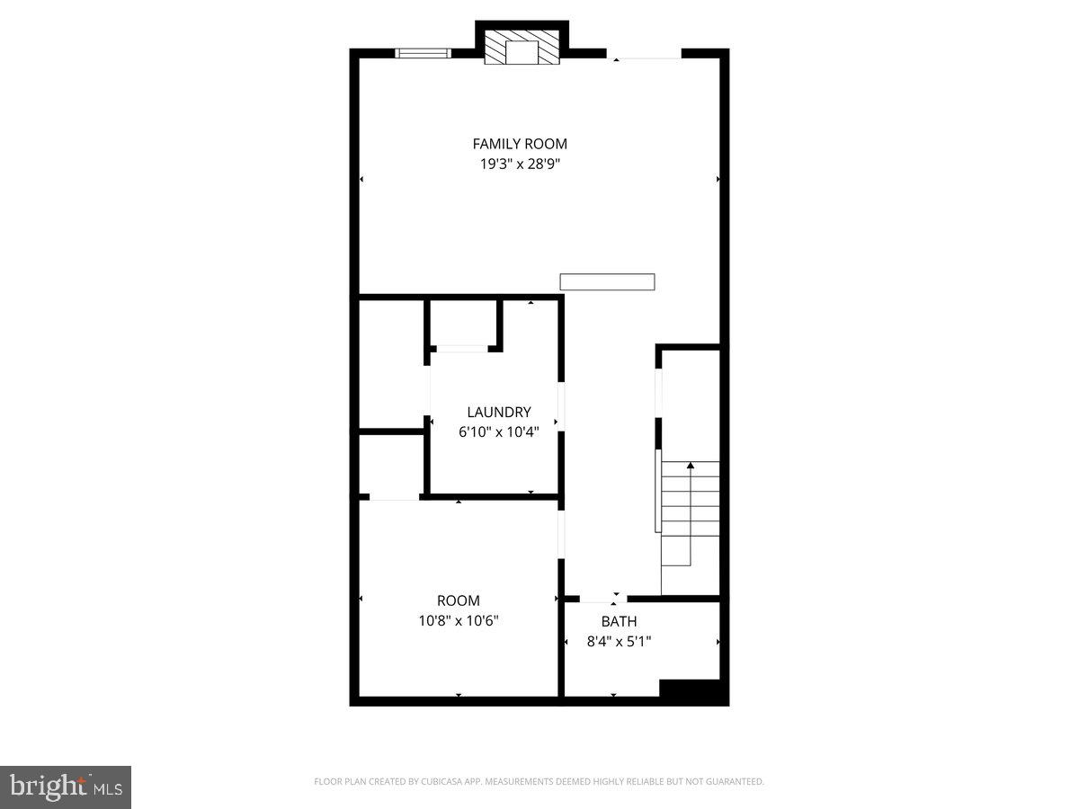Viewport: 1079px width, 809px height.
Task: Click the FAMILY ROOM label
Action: tap(520, 144)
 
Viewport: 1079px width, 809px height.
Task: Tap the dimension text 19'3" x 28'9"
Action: tap(520, 164)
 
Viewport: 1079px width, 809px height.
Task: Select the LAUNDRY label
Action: tap(498, 412)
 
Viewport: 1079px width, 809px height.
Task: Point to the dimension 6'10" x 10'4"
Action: tap(498, 431)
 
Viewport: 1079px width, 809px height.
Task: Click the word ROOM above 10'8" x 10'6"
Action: tap(459, 600)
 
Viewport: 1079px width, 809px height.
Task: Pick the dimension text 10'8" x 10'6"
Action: tap(459, 620)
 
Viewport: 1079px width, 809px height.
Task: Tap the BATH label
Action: tap(619, 621)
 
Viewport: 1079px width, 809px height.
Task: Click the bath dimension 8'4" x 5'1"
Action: tap(619, 641)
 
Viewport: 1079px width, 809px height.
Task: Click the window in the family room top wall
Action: tap(423, 53)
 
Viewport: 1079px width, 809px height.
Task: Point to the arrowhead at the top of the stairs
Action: tap(691, 465)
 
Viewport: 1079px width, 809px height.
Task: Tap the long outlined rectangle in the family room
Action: tap(607, 282)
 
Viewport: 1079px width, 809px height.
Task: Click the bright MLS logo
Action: tap(66, 787)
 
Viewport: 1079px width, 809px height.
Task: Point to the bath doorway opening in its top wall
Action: tap(603, 599)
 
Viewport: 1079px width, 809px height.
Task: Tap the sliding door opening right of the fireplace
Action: tap(644, 54)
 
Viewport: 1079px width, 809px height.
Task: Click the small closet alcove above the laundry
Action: tap(462, 324)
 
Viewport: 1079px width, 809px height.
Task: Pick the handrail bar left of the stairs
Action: tap(657, 490)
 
